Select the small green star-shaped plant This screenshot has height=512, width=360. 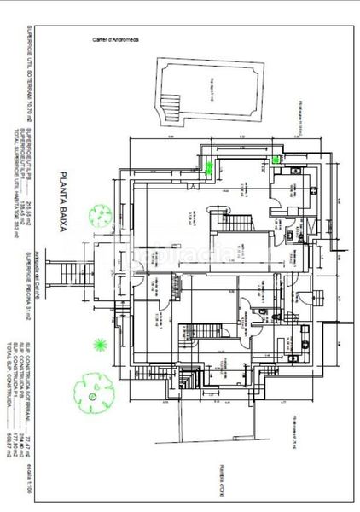click(101, 344)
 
